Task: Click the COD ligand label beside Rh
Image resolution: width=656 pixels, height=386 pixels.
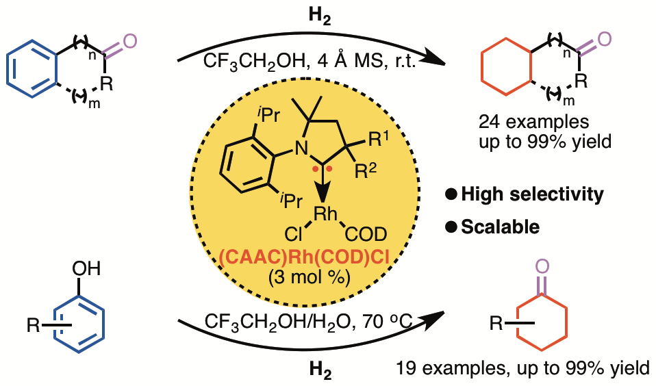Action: [x=365, y=236]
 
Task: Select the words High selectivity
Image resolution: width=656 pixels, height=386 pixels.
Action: [x=532, y=194]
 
